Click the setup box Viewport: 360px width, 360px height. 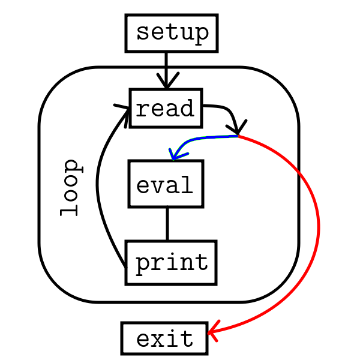pyautogui.click(x=172, y=32)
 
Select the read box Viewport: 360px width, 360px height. pyautogui.click(x=166, y=109)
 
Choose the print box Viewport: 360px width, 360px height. pyautogui.click(x=171, y=263)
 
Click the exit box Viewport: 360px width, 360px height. pyautogui.click(x=166, y=339)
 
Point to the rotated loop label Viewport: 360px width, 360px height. pyautogui.click(x=71, y=187)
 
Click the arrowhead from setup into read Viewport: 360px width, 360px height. pyautogui.click(x=167, y=80)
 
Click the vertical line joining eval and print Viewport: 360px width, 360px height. pyautogui.click(x=167, y=224)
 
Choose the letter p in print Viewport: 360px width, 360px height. pyautogui.click(x=143, y=264)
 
